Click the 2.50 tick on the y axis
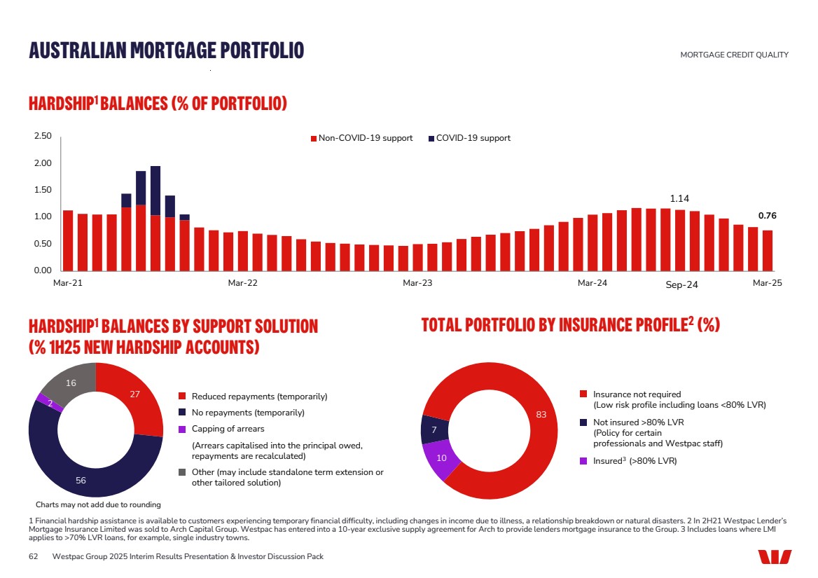click(x=42, y=137)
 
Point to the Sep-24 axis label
click(x=681, y=284)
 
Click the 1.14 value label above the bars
click(x=680, y=198)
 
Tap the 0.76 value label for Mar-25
click(x=768, y=216)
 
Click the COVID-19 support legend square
click(x=431, y=139)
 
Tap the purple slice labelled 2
click(x=43, y=401)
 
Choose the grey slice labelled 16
click(x=71, y=383)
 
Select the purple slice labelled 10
click(x=442, y=458)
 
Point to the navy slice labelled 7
click(x=434, y=429)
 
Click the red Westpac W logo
click(x=774, y=556)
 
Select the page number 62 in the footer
click(x=32, y=556)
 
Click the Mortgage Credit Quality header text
click(x=734, y=55)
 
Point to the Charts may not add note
click(x=98, y=504)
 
